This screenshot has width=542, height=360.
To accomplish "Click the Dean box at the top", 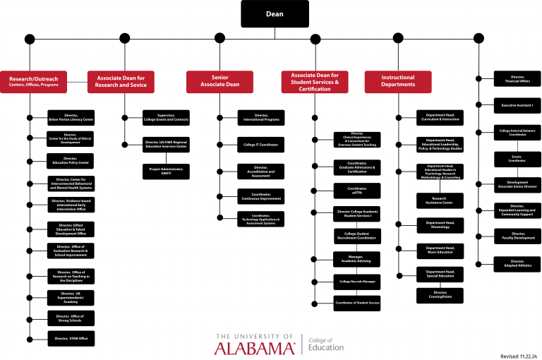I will tap(275, 13).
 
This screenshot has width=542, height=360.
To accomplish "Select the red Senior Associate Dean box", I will tap(219, 82).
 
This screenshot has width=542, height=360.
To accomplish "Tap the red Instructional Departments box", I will tap(398, 82).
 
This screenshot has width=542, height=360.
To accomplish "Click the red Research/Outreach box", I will tap(34, 82).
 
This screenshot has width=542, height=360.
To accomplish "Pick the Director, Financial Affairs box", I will tap(517, 79).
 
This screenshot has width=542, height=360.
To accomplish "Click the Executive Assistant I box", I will tap(517, 105).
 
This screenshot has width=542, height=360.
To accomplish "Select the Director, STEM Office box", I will tap(71, 338).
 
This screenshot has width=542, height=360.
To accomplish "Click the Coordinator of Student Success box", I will tap(357, 303).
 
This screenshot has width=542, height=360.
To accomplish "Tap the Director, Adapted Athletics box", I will tap(517, 264).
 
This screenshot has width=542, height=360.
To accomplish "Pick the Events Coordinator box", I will tap(517, 157).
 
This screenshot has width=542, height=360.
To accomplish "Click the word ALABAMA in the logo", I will tap(255, 348).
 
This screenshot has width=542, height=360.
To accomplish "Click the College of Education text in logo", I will tap(326, 344).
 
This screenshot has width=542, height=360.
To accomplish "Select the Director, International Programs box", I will tap(261, 118).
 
